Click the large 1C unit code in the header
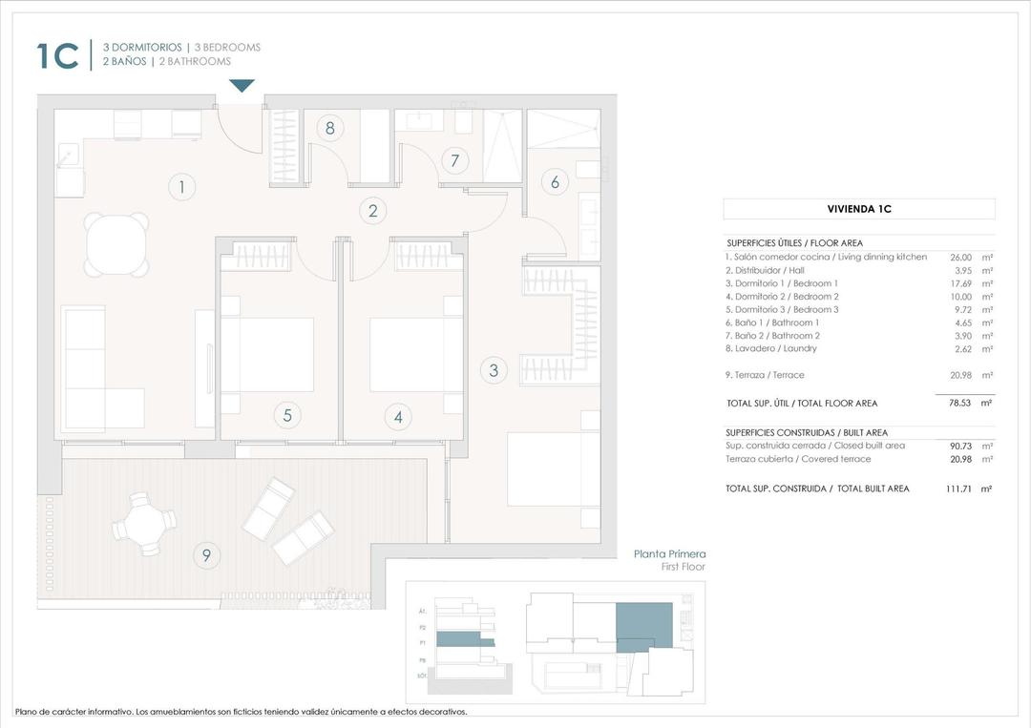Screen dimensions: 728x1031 57,55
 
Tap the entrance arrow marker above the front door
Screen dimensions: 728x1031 242,86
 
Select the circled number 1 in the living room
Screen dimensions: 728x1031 181,186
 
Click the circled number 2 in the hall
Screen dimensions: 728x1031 373,211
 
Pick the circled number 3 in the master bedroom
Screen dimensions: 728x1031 494,370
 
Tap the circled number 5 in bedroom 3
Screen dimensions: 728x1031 286,415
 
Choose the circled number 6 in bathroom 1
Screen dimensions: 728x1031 555,181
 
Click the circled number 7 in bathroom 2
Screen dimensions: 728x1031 455,161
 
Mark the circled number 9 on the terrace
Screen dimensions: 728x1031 205,554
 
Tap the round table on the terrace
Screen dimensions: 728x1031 144,523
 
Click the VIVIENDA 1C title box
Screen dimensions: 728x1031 858,209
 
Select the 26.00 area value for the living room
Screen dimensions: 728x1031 960,258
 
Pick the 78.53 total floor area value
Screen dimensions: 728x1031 959,404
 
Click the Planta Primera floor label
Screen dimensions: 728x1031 669,553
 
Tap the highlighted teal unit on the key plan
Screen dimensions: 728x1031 644,625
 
